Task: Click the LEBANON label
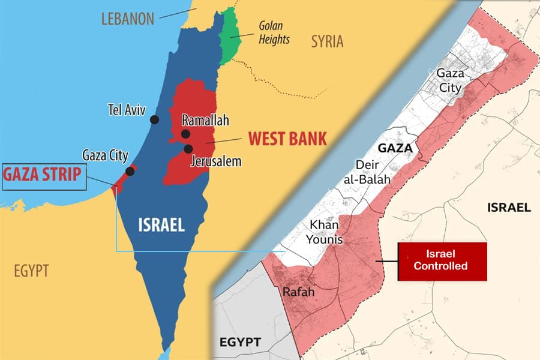coord(127,19)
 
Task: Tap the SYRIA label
coord(327,41)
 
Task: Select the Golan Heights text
coord(274,33)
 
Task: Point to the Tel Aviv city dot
coord(155,119)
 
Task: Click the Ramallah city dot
coord(185,134)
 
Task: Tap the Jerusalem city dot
coord(188,148)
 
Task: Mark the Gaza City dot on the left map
coord(130,171)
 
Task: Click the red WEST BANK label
coord(287,139)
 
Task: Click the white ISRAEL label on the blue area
coord(161,225)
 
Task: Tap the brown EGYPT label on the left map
coord(31,271)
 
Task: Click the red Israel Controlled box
coord(443,261)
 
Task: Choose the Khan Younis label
coord(326,232)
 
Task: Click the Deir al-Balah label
coord(373,171)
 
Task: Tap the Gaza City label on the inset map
coord(449,80)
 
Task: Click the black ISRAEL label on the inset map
coord(508,208)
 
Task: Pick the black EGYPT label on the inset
coord(241,343)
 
